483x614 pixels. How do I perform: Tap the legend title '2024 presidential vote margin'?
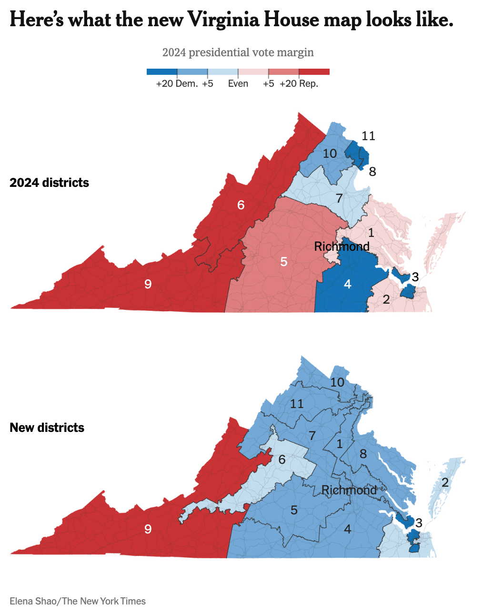pyautogui.click(x=238, y=52)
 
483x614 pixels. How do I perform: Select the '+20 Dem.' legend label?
pyautogui.click(x=177, y=84)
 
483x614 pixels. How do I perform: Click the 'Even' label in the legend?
pyautogui.click(x=238, y=84)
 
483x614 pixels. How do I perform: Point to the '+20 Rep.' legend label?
pyautogui.click(x=299, y=84)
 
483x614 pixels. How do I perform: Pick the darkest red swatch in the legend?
pyautogui.click(x=314, y=72)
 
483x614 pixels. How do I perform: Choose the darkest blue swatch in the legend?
pyautogui.click(x=162, y=72)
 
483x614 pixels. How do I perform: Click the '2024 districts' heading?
pyautogui.click(x=49, y=183)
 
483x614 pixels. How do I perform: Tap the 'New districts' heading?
pyautogui.click(x=47, y=428)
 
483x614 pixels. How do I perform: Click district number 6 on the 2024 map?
pyautogui.click(x=241, y=205)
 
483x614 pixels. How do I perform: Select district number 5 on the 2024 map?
pyautogui.click(x=284, y=262)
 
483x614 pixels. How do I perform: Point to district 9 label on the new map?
pyautogui.click(x=148, y=529)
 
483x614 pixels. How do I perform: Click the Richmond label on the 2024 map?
pyautogui.click(x=342, y=246)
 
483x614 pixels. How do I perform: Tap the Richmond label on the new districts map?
pyautogui.click(x=349, y=490)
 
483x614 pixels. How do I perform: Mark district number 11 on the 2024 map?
pyautogui.click(x=368, y=136)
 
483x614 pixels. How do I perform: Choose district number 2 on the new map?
pyautogui.click(x=445, y=482)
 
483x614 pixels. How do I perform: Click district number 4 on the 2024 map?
pyautogui.click(x=348, y=284)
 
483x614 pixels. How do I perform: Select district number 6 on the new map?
pyautogui.click(x=282, y=460)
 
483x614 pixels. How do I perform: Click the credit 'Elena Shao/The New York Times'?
pyautogui.click(x=78, y=601)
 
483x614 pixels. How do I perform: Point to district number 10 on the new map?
pyautogui.click(x=337, y=382)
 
